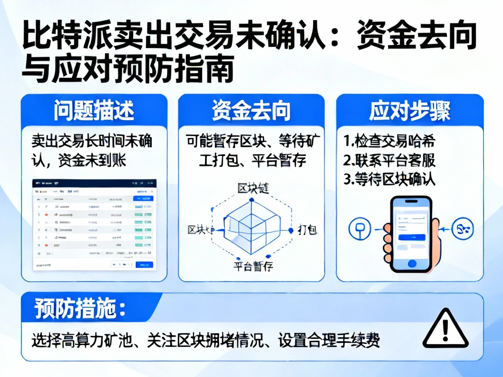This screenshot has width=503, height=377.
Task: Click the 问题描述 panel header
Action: coord(94,111)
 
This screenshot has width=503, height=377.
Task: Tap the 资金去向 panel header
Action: coord(251,111)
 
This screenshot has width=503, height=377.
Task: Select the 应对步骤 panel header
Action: coord(409,111)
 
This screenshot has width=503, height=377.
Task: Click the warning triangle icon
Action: coord(445,329)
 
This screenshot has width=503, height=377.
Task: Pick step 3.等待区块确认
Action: coord(389,179)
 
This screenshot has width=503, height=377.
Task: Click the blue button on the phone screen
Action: coord(411,237)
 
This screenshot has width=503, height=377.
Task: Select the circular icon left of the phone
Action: coord(361,228)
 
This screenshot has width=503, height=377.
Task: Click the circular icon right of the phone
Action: coord(462,228)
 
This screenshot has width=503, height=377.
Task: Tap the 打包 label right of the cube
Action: coord(307,230)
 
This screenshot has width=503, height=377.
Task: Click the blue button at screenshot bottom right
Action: coord(144,264)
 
